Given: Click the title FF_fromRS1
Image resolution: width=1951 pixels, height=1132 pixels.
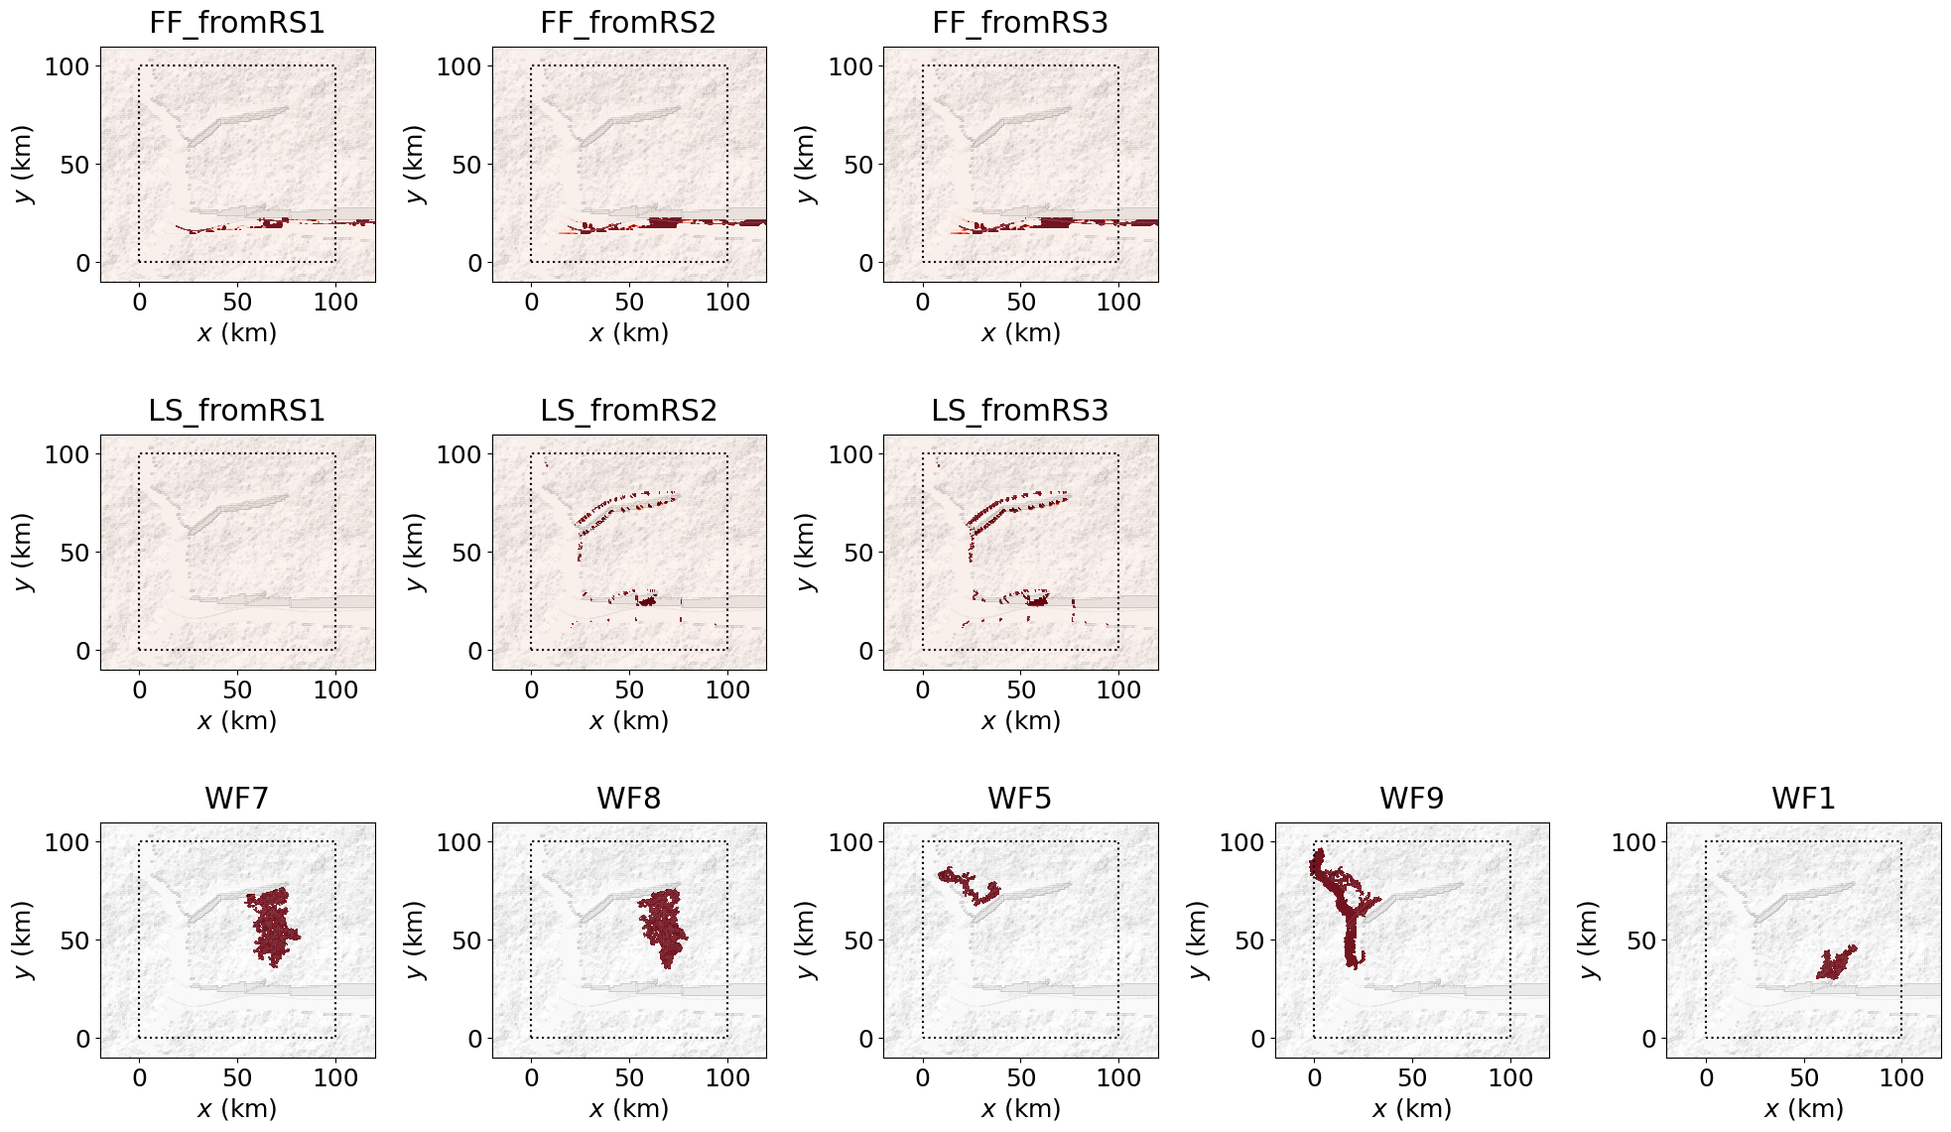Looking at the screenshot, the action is click(x=237, y=23).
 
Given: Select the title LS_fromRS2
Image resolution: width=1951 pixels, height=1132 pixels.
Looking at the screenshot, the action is click(x=628, y=411).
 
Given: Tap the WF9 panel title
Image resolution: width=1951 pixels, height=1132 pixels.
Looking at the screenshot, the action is click(x=1411, y=799).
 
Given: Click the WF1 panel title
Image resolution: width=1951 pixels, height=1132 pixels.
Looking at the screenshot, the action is click(x=1803, y=799).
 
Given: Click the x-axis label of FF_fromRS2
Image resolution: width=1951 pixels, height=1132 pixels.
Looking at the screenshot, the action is click(x=628, y=333).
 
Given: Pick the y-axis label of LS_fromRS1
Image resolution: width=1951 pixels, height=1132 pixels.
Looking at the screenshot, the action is click(x=24, y=553).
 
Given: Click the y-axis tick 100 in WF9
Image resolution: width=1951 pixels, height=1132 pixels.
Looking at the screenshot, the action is click(x=1241, y=842).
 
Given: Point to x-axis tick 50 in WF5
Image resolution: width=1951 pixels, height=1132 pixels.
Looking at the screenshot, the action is click(x=1020, y=1077).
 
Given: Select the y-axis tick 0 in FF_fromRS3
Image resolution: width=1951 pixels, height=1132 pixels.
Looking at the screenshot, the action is click(x=866, y=263).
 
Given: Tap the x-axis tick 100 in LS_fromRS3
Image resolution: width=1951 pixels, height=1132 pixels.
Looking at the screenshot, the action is click(x=1118, y=690).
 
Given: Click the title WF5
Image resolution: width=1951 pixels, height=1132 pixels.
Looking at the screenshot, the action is click(x=1020, y=799).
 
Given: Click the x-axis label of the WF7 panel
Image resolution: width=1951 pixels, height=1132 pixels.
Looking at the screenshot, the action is click(x=237, y=1109).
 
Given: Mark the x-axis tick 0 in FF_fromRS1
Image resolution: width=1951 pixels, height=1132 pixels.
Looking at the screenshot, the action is click(x=140, y=302).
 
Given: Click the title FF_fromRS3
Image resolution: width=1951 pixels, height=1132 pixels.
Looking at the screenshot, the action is click(x=1020, y=23).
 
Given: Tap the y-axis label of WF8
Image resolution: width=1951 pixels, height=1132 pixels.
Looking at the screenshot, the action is click(x=415, y=941).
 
